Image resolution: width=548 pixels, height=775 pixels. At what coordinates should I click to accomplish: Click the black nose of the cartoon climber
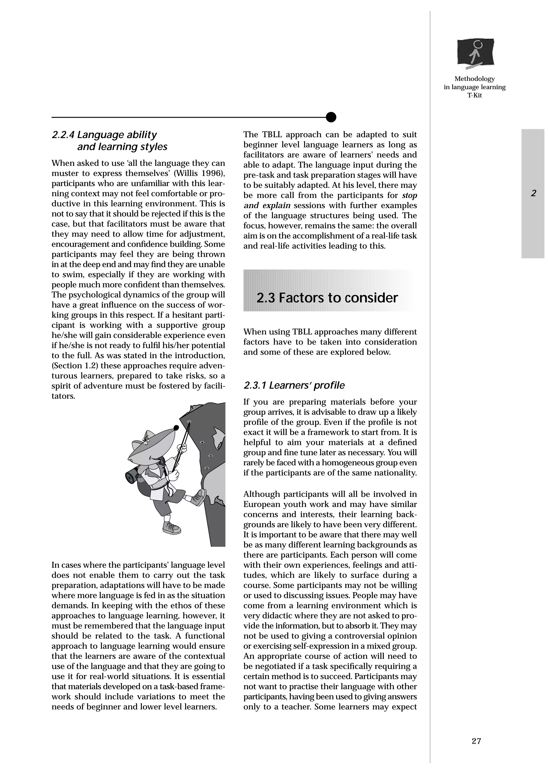(x=176, y=428)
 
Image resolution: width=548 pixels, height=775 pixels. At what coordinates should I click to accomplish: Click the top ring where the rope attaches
(x=189, y=422)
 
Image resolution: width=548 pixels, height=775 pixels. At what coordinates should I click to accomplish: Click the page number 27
(x=476, y=741)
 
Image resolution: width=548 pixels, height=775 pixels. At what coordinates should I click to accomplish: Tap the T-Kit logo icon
(x=475, y=53)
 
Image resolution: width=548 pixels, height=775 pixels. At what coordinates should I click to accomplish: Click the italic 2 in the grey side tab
(x=534, y=193)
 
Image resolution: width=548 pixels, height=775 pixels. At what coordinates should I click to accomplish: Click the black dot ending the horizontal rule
(x=331, y=117)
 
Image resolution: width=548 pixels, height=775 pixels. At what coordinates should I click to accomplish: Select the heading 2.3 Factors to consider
(x=327, y=298)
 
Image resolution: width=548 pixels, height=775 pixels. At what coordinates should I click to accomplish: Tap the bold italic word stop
(x=410, y=195)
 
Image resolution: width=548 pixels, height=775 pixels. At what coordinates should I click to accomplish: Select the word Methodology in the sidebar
(x=474, y=79)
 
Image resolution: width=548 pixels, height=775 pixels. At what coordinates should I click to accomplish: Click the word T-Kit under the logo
(x=474, y=95)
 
